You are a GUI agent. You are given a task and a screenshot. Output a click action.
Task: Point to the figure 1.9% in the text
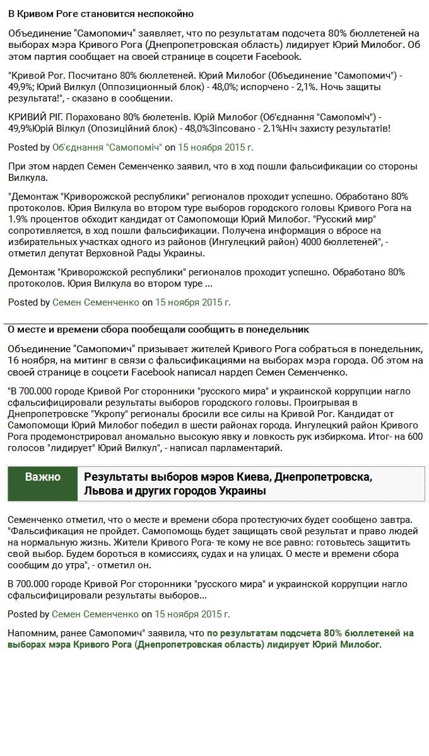[x=19, y=219]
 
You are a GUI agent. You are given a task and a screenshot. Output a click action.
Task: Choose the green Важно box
[x=42, y=477]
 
